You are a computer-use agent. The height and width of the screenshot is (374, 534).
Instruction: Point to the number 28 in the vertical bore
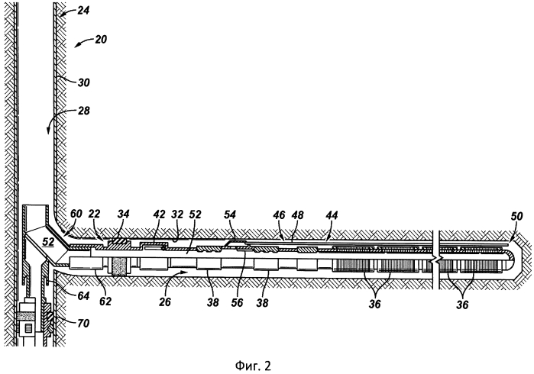click(x=82, y=111)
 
